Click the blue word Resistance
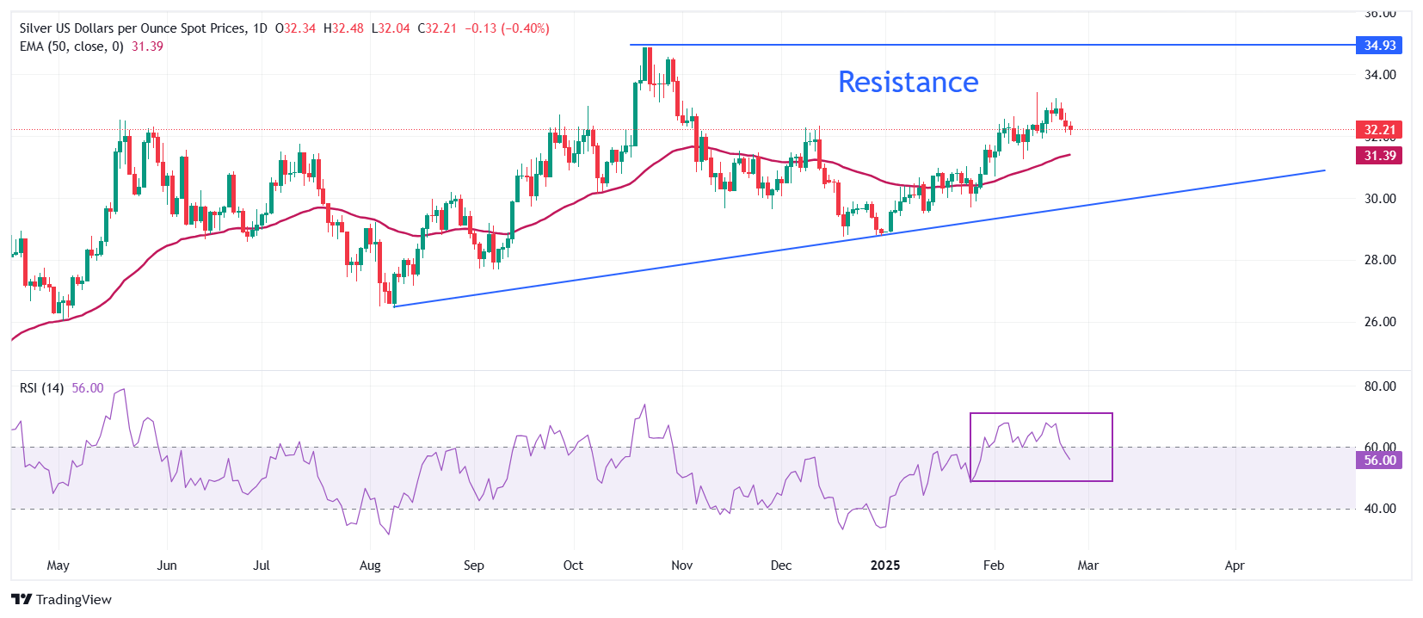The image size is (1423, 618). pos(908,82)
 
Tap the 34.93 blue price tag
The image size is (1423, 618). pos(1378,45)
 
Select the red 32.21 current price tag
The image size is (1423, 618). pos(1378,130)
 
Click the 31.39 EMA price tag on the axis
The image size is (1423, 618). pos(1378,156)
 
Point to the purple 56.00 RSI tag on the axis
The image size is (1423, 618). pos(1378,460)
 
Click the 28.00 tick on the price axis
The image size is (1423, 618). pos(1380,260)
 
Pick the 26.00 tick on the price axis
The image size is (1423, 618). pos(1380,322)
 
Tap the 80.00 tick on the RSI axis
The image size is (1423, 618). pos(1380,386)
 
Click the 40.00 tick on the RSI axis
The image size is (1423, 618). pos(1380,509)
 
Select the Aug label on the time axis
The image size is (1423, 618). pos(370,565)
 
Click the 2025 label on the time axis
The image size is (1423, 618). pos(884,565)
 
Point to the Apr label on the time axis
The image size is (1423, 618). pos(1235,565)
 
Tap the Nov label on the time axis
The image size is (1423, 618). pos(681,565)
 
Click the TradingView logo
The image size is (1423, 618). pos(62,600)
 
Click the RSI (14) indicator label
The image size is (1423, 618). pos(41,388)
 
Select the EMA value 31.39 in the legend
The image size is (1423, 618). pos(147,46)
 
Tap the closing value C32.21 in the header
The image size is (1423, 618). pos(437,28)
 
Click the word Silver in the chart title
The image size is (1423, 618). pos(36,28)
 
